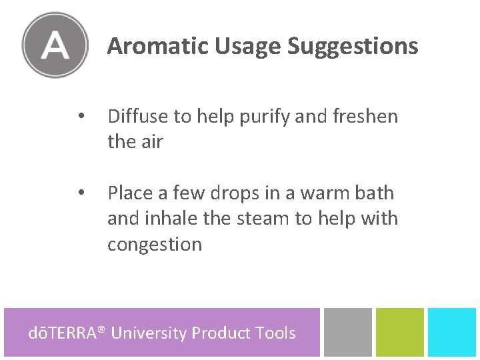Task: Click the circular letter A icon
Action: click(x=55, y=45)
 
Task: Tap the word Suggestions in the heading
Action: click(x=353, y=47)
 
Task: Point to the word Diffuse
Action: click(x=138, y=117)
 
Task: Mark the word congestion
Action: click(x=155, y=245)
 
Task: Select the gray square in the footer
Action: click(x=348, y=332)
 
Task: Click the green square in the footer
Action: click(x=400, y=332)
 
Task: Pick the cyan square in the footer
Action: click(x=452, y=332)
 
